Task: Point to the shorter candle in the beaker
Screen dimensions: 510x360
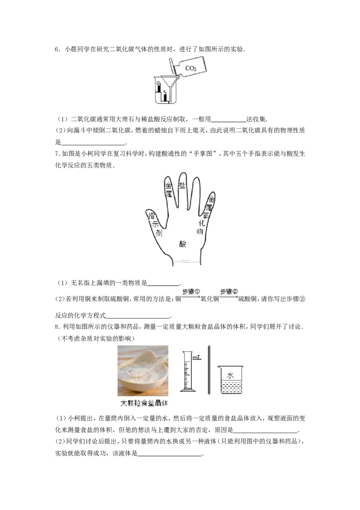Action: (x=166, y=96)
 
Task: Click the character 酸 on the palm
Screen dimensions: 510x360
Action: (x=183, y=244)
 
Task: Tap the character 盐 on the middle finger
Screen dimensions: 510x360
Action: (x=182, y=185)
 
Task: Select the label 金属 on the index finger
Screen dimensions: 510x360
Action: (x=169, y=190)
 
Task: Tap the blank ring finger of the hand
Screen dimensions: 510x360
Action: (x=196, y=194)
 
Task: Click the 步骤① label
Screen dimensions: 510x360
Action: (x=191, y=292)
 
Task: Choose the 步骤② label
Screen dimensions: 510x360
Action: (x=229, y=292)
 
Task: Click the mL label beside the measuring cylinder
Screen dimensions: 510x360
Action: (x=197, y=358)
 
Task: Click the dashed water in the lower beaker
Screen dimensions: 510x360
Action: (x=230, y=387)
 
